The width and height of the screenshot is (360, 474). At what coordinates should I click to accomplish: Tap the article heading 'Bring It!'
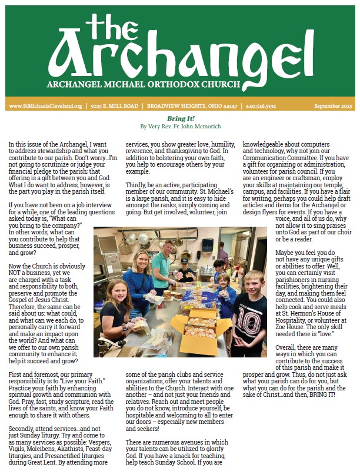179,118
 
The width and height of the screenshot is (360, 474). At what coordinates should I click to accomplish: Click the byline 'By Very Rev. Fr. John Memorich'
179,127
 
